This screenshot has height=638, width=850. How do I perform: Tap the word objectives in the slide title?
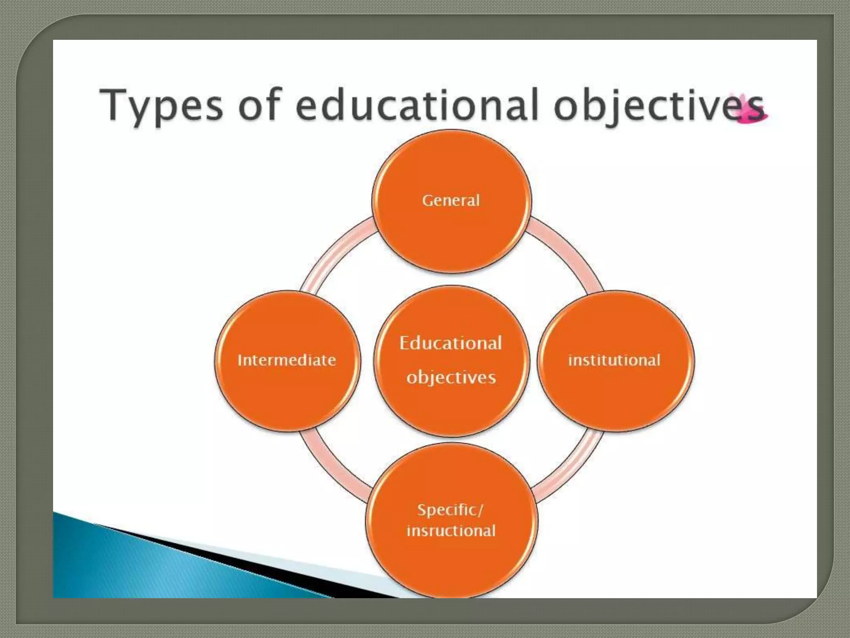tap(658, 106)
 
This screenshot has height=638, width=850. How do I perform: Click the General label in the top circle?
tap(451, 201)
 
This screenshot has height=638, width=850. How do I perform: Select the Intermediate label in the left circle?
tap(287, 360)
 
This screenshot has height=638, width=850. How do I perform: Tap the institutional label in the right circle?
tap(614, 360)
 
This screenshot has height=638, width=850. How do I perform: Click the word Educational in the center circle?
tap(451, 343)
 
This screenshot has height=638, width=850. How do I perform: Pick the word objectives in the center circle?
tap(451, 377)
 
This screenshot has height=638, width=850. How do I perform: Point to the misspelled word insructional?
tap(451, 531)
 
